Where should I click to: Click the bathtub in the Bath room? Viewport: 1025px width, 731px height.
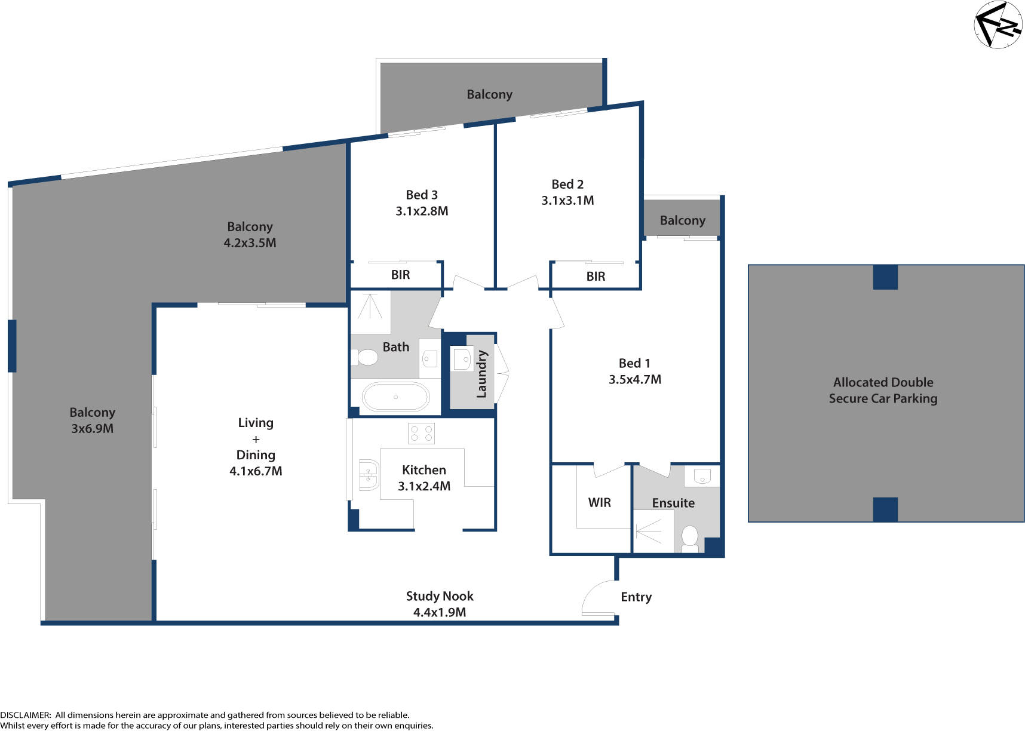click(395, 397)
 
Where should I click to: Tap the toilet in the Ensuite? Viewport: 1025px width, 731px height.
click(690, 538)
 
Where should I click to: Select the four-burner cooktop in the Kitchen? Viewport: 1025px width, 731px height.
click(421, 434)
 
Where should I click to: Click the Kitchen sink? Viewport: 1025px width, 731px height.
click(369, 475)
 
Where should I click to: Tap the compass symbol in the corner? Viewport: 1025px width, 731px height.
click(998, 24)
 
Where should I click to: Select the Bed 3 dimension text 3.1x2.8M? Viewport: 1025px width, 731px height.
click(422, 211)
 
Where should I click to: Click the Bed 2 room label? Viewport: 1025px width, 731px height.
click(567, 184)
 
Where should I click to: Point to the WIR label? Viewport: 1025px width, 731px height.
click(599, 502)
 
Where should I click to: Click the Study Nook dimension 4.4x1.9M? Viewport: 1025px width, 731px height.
click(440, 612)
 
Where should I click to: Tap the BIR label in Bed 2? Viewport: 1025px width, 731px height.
click(596, 276)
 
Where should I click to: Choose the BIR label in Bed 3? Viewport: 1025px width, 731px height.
click(400, 275)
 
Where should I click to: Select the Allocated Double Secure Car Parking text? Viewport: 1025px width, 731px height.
click(883, 390)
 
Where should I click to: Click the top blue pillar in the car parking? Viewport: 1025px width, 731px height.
click(885, 277)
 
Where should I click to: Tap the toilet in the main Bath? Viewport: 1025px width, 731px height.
click(365, 357)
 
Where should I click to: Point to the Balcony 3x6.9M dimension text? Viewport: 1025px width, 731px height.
click(92, 428)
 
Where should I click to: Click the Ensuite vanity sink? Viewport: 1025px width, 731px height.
click(702, 476)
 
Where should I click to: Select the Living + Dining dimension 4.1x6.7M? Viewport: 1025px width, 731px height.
click(256, 471)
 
